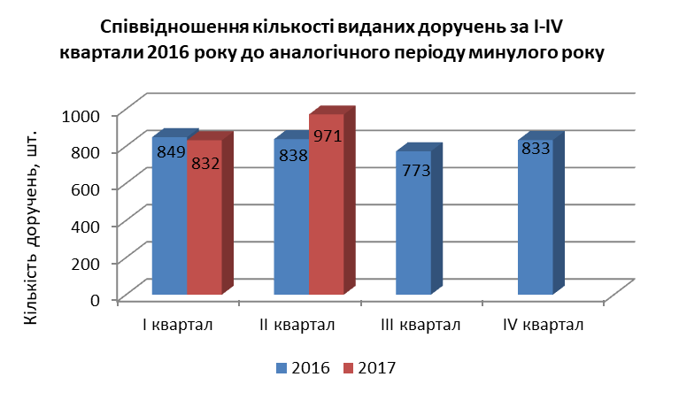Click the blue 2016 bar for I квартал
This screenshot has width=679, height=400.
170,216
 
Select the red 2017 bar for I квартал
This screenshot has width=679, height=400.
204,218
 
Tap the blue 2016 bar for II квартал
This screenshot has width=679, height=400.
292,217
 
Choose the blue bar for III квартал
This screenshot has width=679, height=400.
414,222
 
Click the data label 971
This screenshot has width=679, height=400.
328,136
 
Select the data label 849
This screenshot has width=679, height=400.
171,152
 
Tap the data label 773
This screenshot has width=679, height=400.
416,171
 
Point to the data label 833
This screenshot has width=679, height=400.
536,149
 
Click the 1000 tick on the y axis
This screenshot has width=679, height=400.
81,116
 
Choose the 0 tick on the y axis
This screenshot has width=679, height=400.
96,300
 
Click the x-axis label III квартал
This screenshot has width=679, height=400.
421,325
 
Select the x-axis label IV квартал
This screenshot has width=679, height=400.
544,325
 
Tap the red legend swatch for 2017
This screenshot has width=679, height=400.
349,368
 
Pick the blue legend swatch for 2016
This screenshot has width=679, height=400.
282,368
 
